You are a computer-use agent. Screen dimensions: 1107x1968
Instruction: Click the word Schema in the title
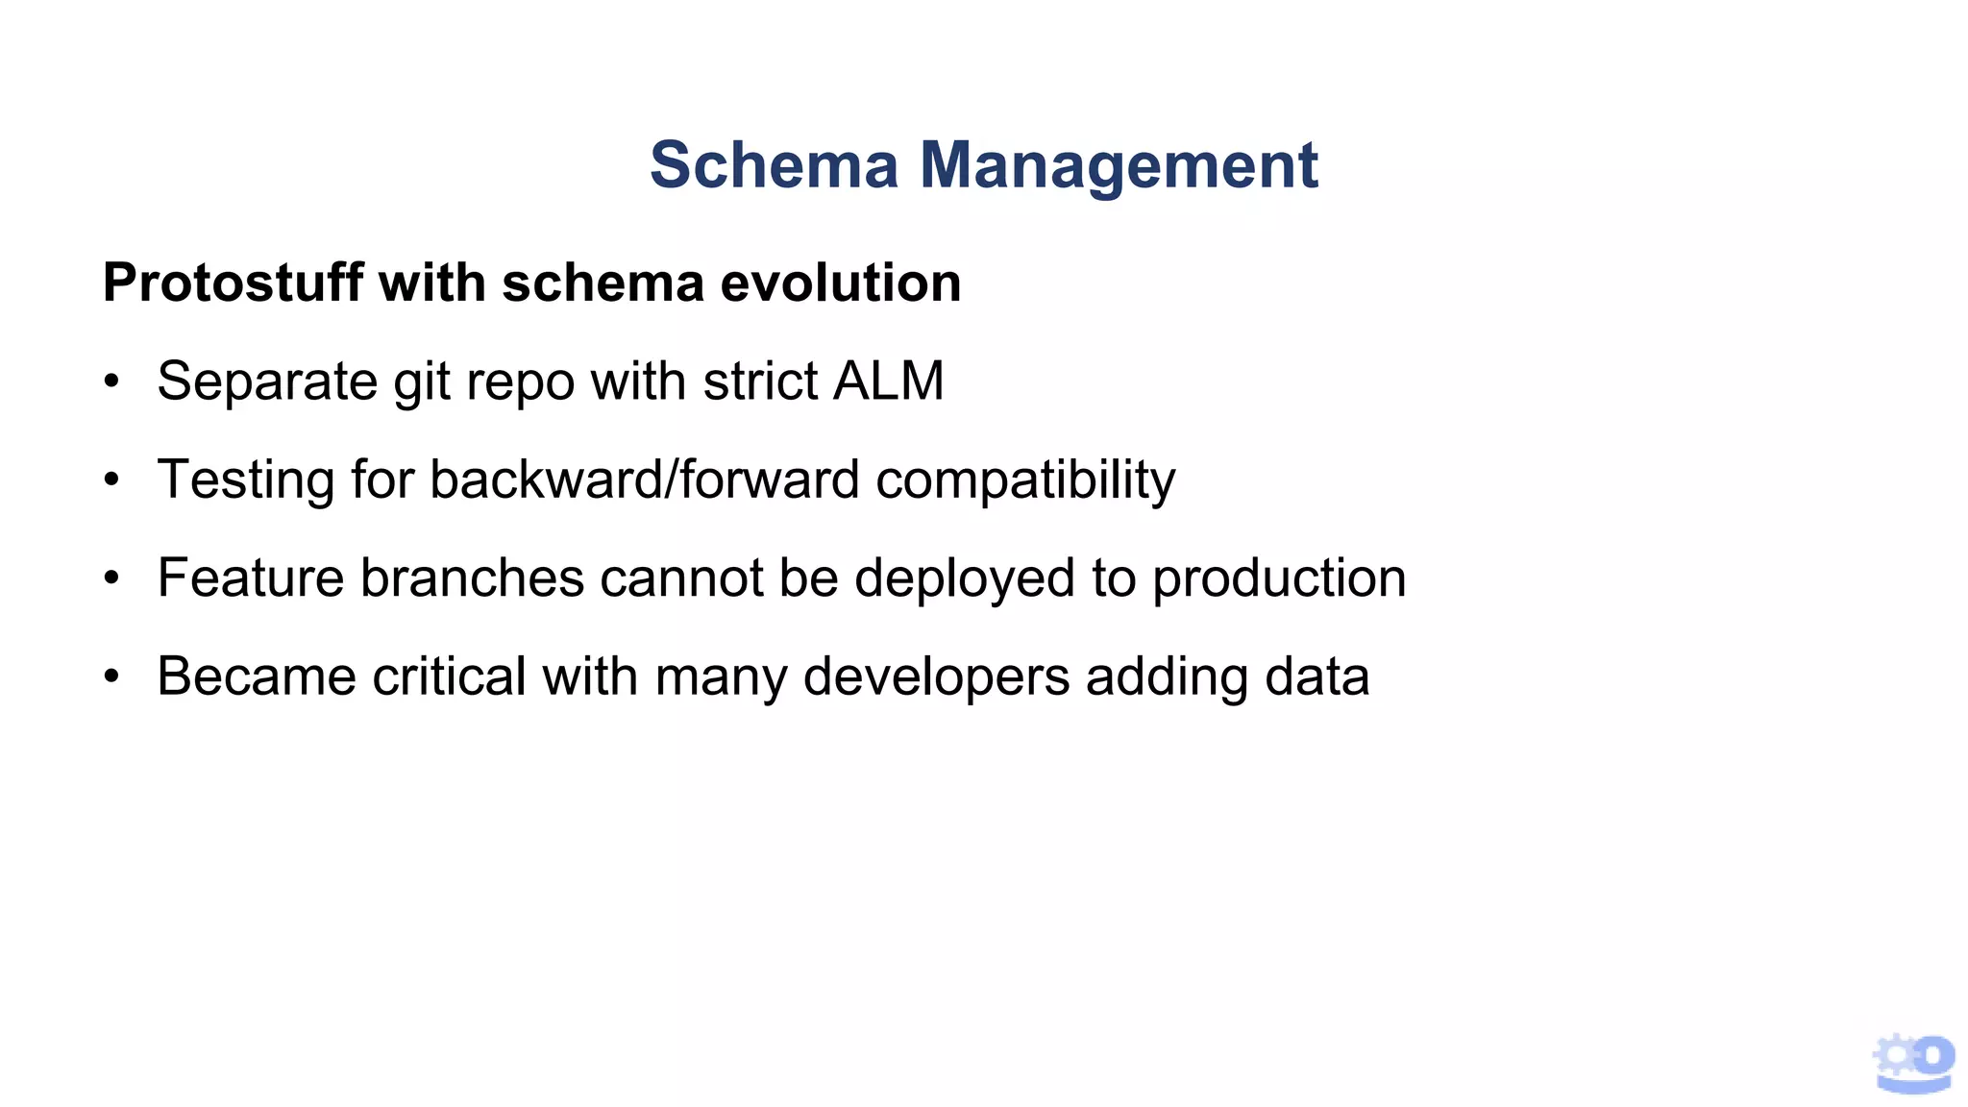point(774,165)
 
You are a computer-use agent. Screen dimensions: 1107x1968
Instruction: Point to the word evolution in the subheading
point(840,283)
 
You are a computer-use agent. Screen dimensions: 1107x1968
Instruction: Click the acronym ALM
point(889,381)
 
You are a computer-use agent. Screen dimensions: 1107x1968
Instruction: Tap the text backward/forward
point(644,480)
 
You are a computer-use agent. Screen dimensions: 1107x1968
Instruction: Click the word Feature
point(251,578)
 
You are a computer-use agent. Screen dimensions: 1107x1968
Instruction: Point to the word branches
point(472,578)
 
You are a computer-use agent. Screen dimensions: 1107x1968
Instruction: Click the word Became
point(257,676)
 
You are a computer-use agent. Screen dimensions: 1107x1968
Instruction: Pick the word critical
point(449,676)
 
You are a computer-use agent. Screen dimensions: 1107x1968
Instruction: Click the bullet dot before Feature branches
point(112,579)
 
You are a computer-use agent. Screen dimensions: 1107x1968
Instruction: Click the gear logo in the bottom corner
point(1913,1063)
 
